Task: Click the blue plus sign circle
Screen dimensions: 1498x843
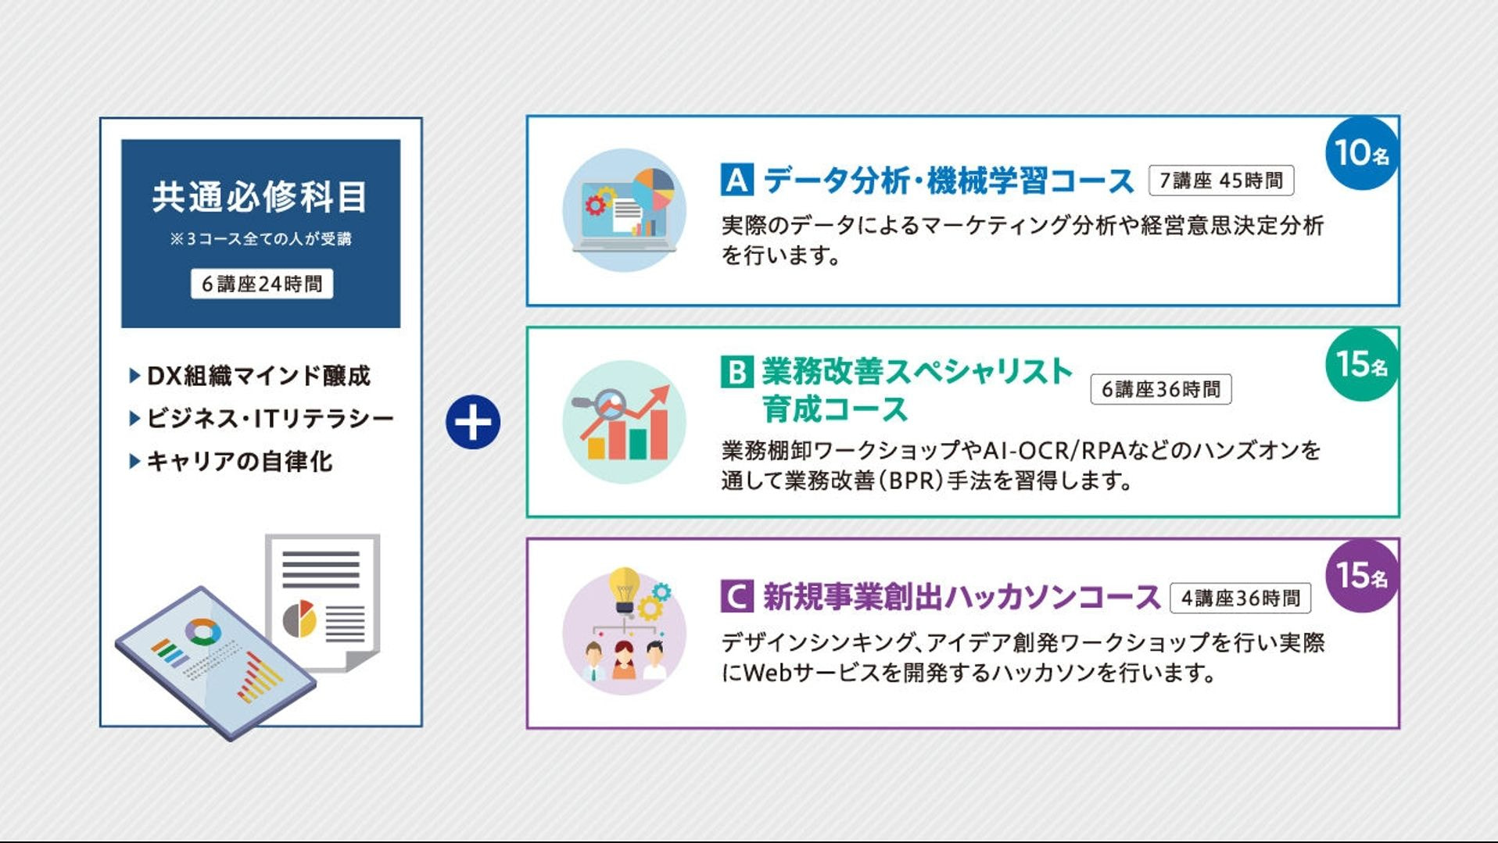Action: [x=473, y=422]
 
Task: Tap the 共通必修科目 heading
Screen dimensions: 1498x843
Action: [x=260, y=197]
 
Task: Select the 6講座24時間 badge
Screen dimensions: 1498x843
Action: [x=262, y=284]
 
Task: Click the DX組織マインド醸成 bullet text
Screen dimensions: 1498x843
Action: [x=259, y=376]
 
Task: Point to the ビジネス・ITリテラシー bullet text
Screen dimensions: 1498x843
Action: [x=271, y=419]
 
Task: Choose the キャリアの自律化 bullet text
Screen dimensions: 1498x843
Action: [x=240, y=461]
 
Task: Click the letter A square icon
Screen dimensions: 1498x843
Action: [x=736, y=180]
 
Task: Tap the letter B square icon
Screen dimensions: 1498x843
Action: [x=736, y=372]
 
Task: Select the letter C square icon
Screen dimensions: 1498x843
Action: [x=736, y=597]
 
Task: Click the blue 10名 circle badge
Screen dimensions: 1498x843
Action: [x=1361, y=152]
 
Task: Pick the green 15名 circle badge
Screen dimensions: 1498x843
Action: [x=1361, y=364]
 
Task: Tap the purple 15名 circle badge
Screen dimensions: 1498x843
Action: [x=1361, y=576]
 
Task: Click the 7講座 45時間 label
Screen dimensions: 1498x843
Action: [x=1221, y=180]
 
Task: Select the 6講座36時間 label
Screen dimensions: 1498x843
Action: [x=1161, y=389]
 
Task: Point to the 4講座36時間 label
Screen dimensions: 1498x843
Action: [x=1241, y=598]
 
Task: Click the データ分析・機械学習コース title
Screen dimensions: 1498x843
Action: [x=948, y=180]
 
